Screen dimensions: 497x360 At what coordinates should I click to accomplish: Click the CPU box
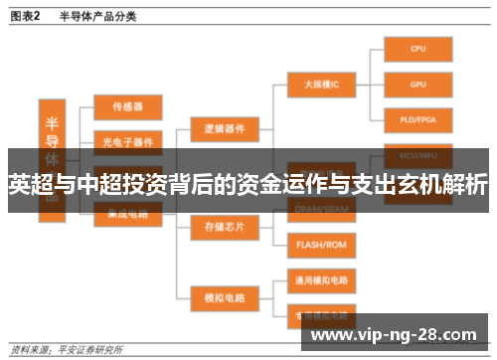pos(417,49)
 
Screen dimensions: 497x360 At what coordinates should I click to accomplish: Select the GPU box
pos(417,85)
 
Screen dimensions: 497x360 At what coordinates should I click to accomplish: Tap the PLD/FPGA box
pos(417,119)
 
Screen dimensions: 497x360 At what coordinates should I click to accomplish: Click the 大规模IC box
pos(320,85)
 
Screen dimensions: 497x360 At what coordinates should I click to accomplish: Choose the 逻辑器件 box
pos(224,128)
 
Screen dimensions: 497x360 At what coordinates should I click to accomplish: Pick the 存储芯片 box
pos(224,227)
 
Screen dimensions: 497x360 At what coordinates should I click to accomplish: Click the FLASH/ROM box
pos(320,244)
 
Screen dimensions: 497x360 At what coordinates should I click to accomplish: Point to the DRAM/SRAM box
pos(320,209)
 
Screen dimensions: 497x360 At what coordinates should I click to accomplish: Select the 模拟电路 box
pos(224,296)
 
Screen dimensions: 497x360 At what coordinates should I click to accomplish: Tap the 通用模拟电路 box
pos(320,278)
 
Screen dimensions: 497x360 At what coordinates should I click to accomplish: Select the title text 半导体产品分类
pos(98,16)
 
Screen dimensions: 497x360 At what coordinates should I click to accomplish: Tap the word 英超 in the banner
pos(26,185)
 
